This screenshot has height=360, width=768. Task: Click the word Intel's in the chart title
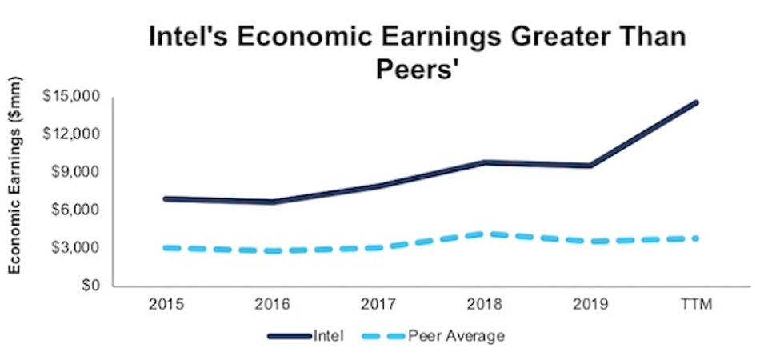[x=190, y=38]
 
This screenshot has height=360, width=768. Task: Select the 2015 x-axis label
[x=165, y=305]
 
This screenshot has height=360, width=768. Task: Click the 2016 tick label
[x=271, y=305]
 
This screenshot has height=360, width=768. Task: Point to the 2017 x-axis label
[x=378, y=305]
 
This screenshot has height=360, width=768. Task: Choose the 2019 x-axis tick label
[x=591, y=305]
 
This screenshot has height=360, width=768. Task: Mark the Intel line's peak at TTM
[x=697, y=102]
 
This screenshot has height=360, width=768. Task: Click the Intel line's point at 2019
[x=591, y=166]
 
